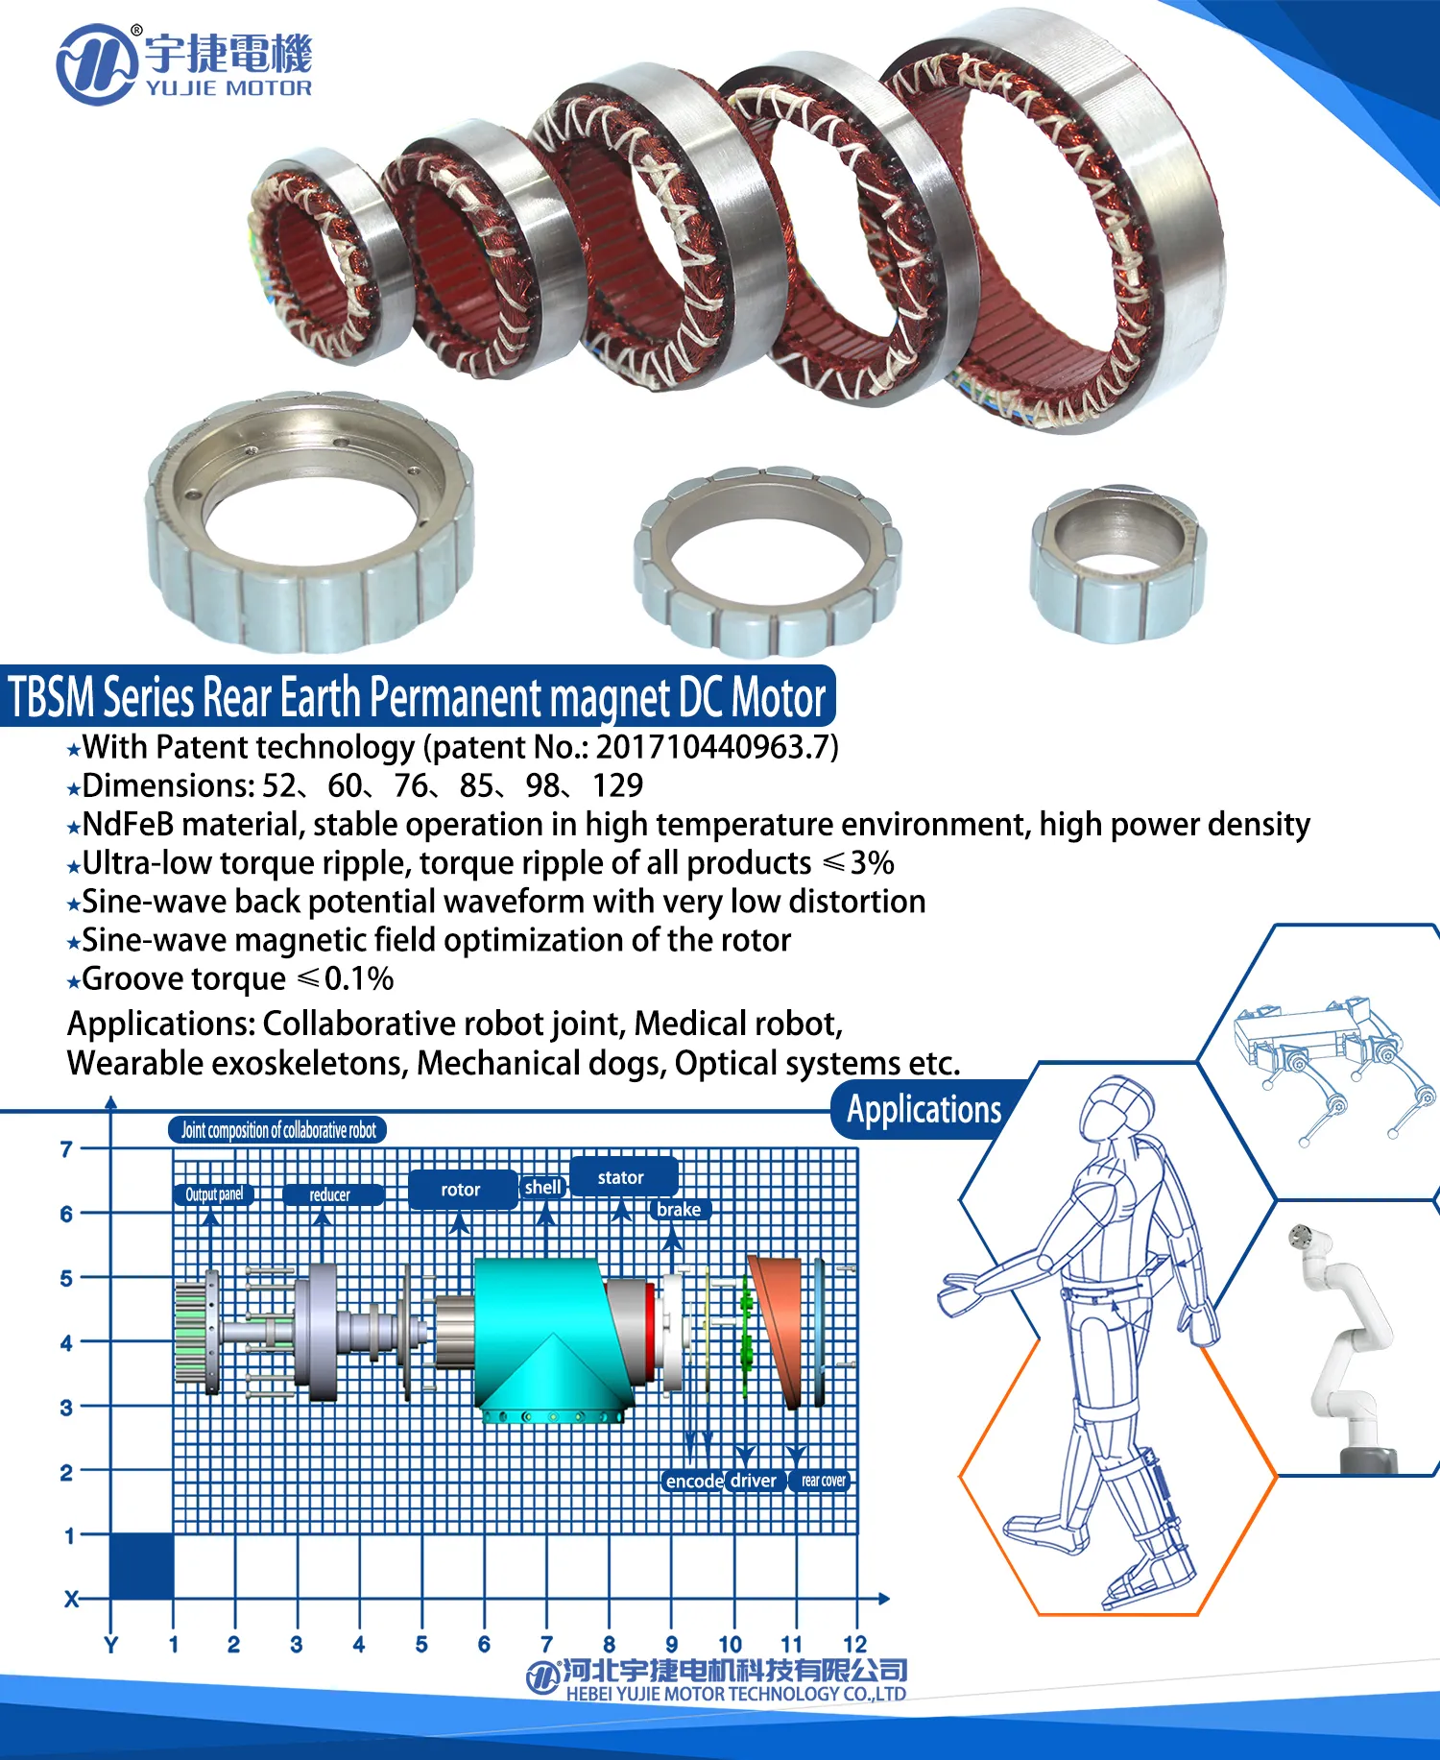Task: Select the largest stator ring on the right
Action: (x=1056, y=221)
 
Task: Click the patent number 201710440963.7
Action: (x=714, y=747)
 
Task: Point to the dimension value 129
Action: (x=617, y=786)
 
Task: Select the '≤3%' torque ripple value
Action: (x=859, y=863)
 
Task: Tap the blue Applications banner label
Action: (x=924, y=1110)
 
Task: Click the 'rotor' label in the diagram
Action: (x=460, y=1190)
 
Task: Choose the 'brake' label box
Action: (x=679, y=1210)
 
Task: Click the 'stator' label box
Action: (x=621, y=1177)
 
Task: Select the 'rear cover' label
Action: (x=823, y=1481)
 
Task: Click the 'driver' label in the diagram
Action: (x=754, y=1481)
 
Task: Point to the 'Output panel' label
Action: (x=213, y=1194)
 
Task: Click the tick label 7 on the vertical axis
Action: (x=66, y=1148)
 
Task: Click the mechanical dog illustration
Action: (x=1334, y=1066)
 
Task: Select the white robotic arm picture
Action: (x=1344, y=1344)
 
